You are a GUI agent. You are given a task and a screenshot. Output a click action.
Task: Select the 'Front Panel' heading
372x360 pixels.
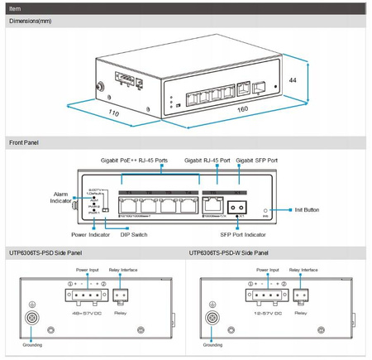(25, 143)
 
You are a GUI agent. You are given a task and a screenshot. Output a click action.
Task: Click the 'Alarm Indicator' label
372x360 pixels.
(55, 198)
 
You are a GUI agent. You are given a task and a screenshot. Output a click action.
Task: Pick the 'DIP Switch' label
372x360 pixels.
(136, 234)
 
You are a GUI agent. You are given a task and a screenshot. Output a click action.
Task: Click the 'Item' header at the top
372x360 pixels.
(15, 7)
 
